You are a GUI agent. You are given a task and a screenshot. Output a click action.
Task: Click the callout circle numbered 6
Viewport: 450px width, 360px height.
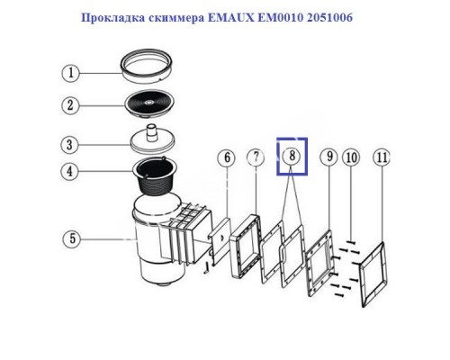tap(229, 158)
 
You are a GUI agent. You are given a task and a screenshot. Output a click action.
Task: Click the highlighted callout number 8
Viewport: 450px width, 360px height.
tap(291, 156)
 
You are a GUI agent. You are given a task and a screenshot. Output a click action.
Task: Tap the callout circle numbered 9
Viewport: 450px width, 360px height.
tap(330, 157)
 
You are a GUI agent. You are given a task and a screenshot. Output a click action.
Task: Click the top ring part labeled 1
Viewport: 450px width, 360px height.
tap(148, 64)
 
